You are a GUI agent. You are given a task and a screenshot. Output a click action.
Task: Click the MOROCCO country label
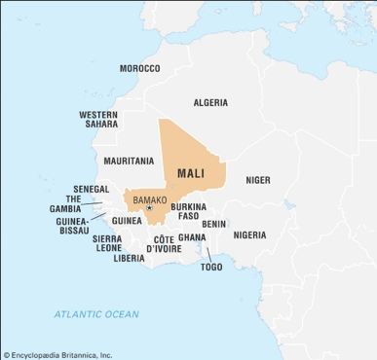[139, 68]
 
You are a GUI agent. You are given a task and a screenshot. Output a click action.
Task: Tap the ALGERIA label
[210, 102]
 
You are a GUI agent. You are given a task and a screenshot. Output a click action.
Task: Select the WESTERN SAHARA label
[99, 119]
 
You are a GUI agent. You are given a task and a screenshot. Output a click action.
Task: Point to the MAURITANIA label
[128, 161]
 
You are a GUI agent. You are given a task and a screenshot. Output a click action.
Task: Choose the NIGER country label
[258, 180]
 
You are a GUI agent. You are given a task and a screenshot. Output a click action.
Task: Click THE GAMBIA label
[65, 203]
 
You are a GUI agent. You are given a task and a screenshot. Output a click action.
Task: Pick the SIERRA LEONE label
[107, 242]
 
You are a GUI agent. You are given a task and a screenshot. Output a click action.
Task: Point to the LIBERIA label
[129, 258]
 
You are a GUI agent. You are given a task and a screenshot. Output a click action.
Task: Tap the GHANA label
[192, 237]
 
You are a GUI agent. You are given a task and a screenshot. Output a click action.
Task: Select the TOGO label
[211, 266]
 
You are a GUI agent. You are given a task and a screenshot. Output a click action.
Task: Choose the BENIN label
[214, 224]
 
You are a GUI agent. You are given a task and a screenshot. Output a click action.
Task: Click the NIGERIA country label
[249, 234]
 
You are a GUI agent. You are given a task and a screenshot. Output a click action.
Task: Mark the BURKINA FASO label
[187, 211]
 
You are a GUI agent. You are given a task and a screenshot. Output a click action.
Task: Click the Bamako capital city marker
[149, 207]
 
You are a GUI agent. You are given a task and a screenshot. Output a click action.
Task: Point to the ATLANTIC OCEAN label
[96, 314]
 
